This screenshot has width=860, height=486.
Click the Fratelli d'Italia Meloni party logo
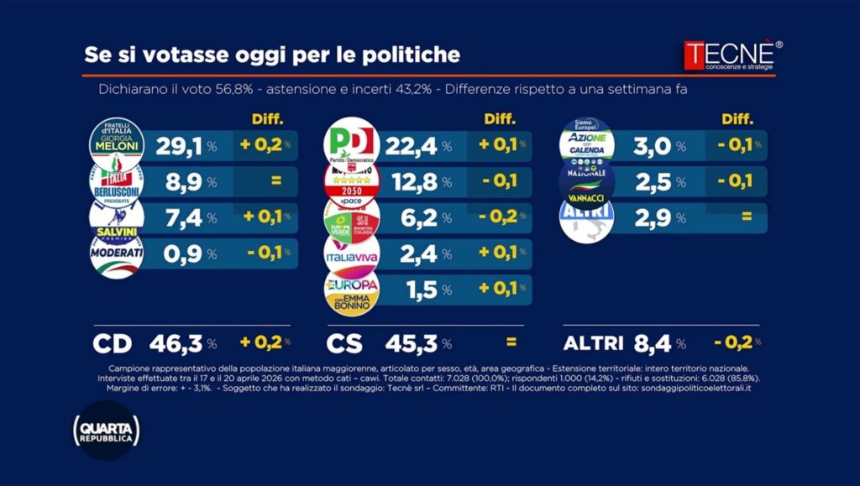pos(117,142)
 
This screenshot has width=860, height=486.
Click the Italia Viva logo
pos(351,253)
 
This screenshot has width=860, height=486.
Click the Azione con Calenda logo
pos(586,142)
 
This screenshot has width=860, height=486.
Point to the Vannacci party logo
pos(586,180)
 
